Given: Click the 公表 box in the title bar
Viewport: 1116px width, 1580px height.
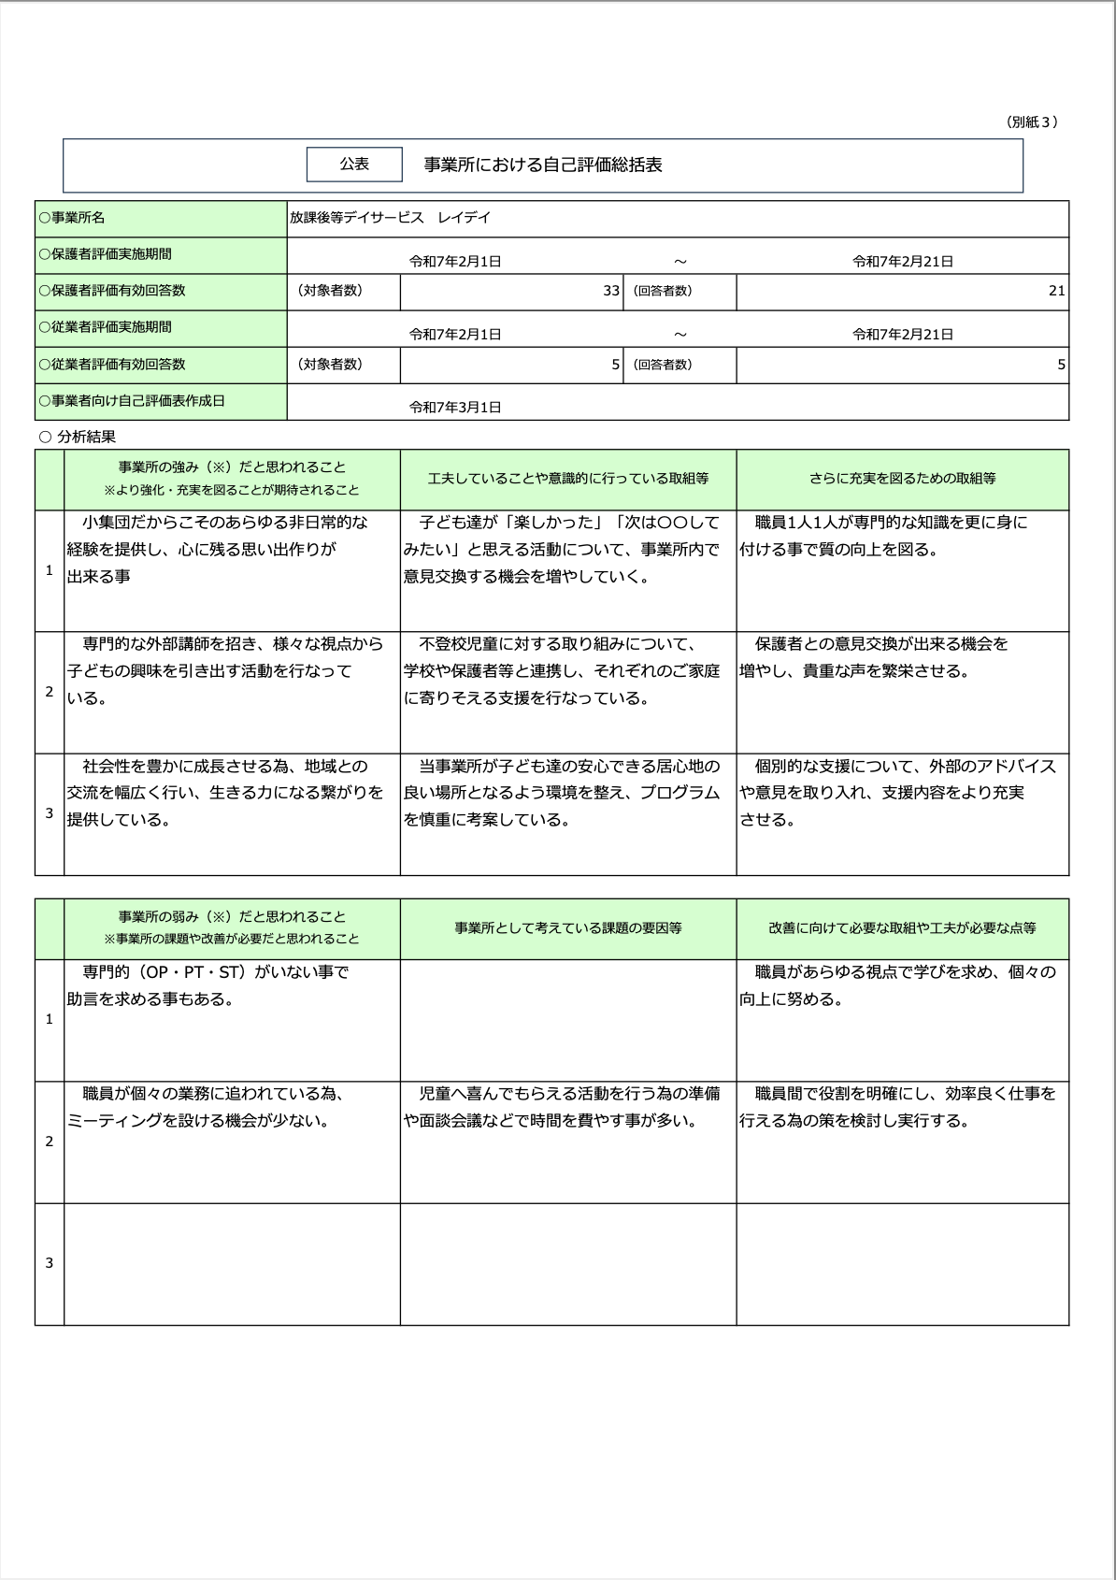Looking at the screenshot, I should [354, 164].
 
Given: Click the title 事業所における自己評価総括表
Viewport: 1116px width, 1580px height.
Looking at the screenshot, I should [543, 165].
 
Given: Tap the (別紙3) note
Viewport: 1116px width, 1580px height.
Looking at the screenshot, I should [1032, 122].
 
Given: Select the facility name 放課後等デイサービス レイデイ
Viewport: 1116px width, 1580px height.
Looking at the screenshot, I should [390, 218].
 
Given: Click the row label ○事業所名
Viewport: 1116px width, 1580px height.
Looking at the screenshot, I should [72, 218].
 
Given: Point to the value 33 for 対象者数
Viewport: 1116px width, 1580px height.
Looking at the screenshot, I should [611, 291].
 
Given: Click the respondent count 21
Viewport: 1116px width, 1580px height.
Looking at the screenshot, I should [1056, 291].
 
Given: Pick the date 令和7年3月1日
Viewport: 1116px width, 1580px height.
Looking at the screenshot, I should [455, 407].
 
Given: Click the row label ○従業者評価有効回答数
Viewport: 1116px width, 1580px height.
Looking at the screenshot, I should [112, 365].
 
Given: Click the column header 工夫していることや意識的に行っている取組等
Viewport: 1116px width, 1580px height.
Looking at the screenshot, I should [568, 479].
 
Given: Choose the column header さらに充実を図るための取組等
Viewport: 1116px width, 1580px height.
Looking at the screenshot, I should [902, 479].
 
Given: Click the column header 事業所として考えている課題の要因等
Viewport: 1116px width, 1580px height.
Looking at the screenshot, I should [568, 928].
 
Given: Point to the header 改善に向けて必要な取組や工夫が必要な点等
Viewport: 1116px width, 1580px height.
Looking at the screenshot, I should [902, 928].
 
